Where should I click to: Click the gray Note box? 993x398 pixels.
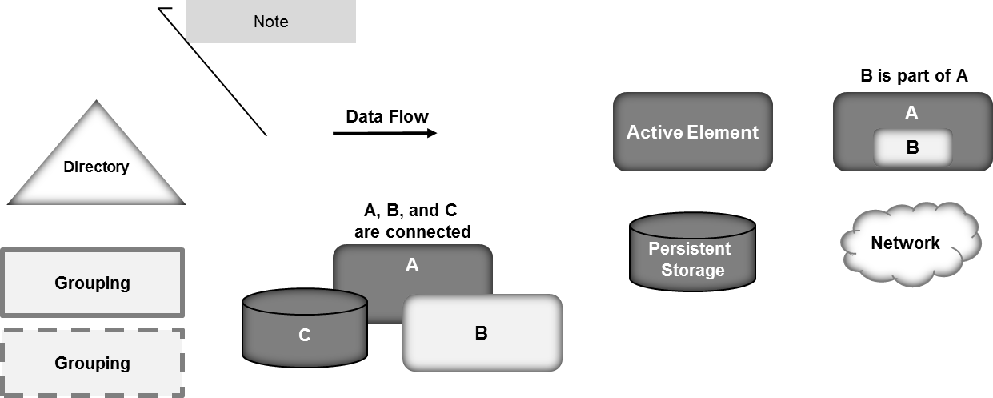point(270,22)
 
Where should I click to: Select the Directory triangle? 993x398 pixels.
point(96,168)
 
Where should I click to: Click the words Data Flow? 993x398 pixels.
point(387,116)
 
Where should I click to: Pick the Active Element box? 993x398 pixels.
point(692,132)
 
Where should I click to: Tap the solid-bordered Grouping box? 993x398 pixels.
point(93,283)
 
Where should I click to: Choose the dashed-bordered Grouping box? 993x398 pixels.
point(93,363)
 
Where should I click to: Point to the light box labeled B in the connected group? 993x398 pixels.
point(482,333)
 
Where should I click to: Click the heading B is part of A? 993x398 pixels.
point(912,76)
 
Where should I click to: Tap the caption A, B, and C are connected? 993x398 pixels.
point(412,222)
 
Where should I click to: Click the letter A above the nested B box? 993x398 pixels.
point(911,114)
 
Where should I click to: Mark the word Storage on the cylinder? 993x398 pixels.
point(693,270)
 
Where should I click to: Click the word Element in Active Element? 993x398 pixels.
point(724,132)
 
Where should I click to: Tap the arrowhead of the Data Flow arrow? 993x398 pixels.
point(433,133)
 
